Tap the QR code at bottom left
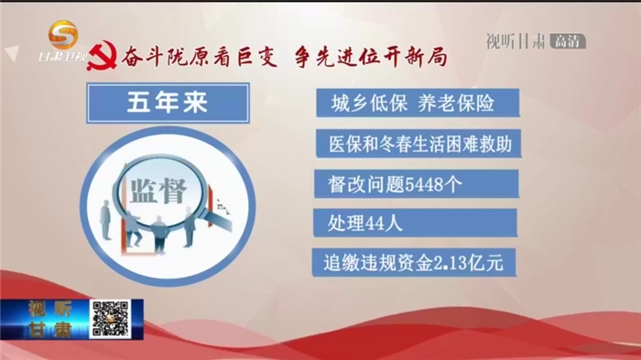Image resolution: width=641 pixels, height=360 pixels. click(109, 318)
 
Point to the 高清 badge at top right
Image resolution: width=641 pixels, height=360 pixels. click(567, 40)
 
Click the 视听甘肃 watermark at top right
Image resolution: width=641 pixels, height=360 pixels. click(513, 40)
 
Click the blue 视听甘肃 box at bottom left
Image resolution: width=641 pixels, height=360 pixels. click(45, 319)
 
